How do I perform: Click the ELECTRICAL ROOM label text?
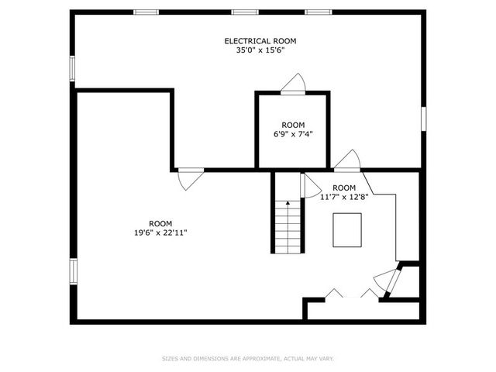[260, 41]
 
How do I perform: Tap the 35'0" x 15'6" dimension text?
[260, 50]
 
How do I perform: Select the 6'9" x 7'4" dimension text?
[293, 134]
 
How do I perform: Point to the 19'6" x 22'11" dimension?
[160, 232]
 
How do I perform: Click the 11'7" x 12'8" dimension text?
[344, 197]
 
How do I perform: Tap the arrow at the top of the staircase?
[288, 203]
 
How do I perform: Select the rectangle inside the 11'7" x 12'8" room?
[347, 230]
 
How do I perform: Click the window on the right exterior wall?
[424, 119]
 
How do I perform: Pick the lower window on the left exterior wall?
[73, 271]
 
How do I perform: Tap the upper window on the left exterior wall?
[72, 68]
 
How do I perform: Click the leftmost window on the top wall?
[146, 12]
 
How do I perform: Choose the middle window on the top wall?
[245, 12]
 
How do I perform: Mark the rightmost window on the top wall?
[319, 12]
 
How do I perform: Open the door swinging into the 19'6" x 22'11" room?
[190, 179]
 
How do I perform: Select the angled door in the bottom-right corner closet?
[387, 281]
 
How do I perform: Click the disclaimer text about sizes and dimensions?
[248, 359]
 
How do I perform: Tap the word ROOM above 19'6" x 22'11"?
[160, 224]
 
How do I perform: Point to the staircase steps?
[288, 226]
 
